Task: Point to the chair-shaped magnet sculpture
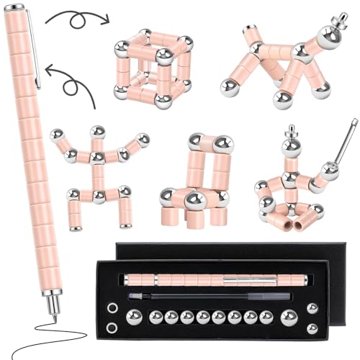coord(195,180)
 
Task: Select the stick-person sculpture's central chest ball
coord(96,156)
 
